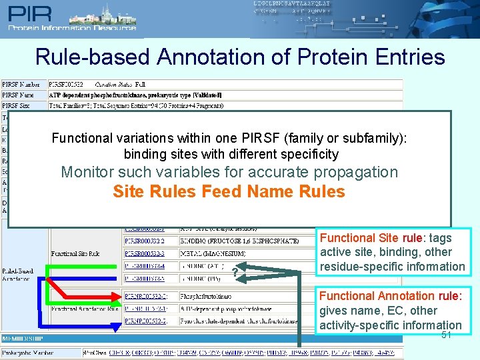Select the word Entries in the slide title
coord(407,57)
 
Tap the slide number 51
coord(447,335)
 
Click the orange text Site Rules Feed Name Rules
coord(229,192)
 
